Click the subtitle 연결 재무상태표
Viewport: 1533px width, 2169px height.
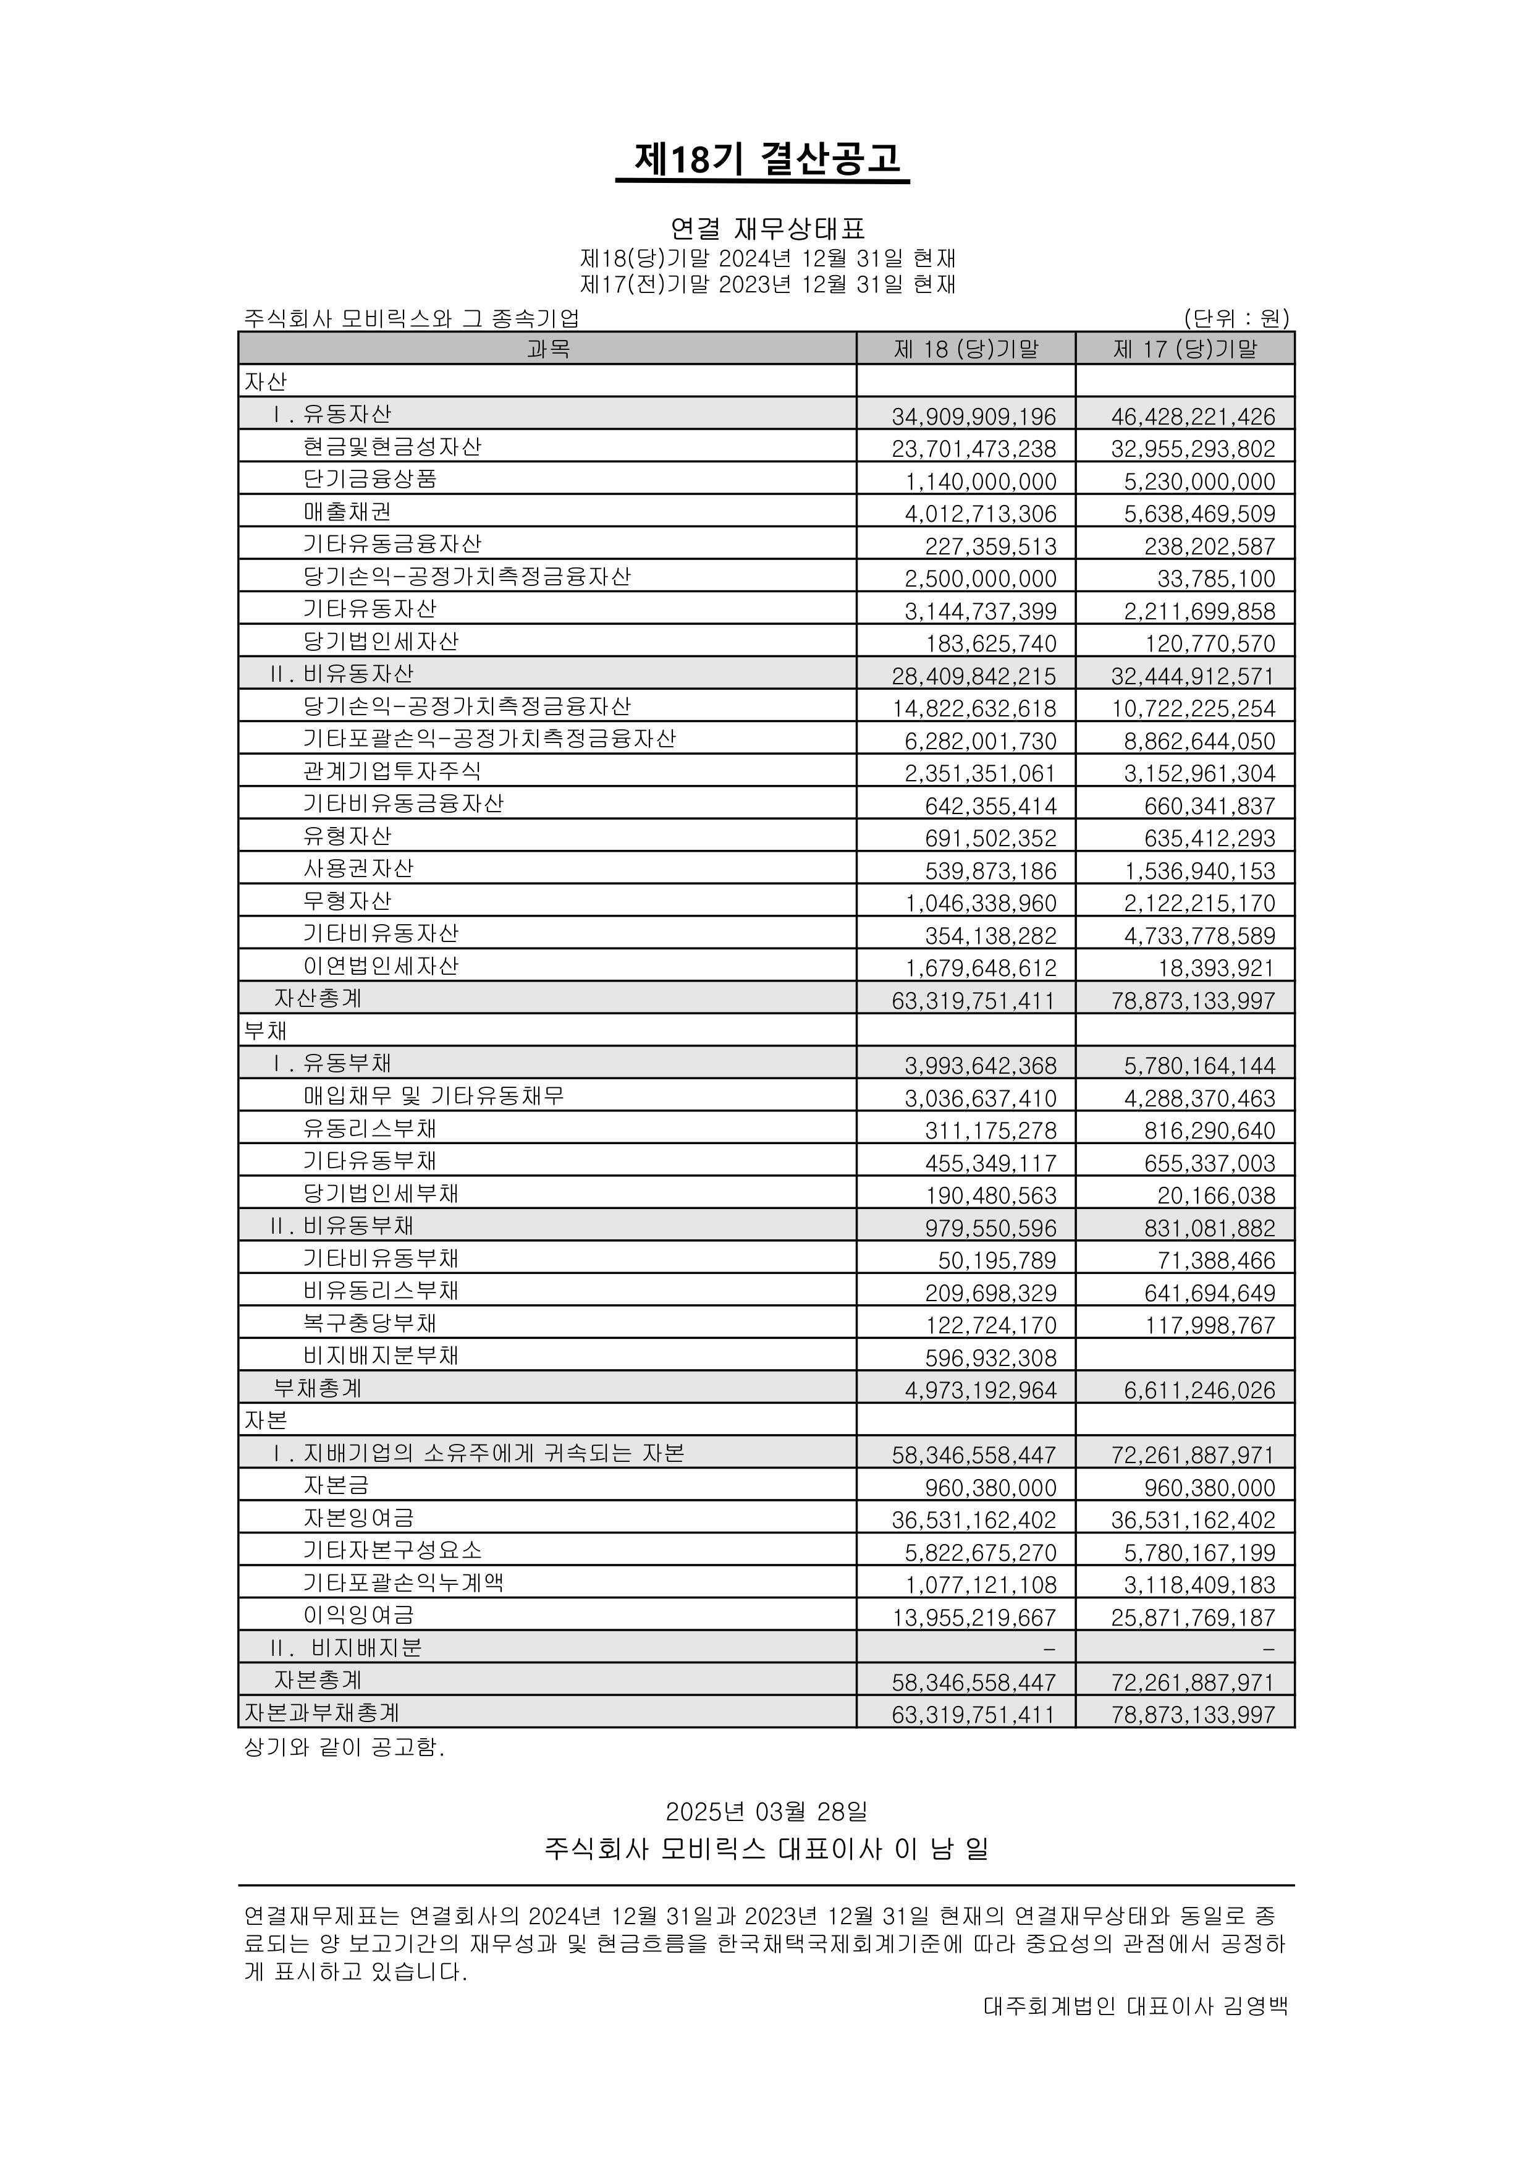click(x=767, y=229)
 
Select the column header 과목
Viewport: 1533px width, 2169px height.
click(x=548, y=349)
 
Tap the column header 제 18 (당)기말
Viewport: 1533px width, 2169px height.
click(x=965, y=349)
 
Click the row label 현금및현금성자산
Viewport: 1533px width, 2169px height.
click(x=392, y=447)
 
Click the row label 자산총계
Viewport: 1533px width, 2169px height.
click(x=318, y=998)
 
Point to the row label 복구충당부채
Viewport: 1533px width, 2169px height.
click(x=370, y=1323)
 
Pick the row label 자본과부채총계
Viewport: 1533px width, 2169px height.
click(x=321, y=1713)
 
